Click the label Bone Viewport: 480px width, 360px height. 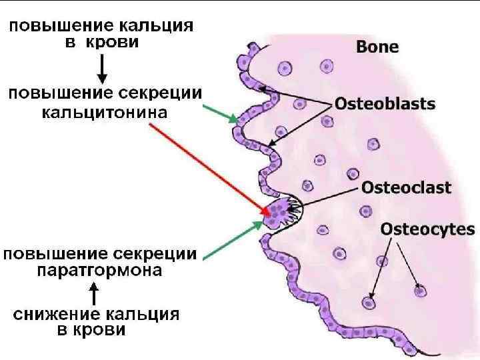point(377,47)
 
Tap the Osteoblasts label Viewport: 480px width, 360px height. point(385,104)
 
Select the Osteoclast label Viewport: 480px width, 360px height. point(406,187)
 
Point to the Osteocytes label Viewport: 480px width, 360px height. point(427,230)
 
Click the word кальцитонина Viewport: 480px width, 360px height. point(105,112)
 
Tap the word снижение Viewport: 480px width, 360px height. point(54,314)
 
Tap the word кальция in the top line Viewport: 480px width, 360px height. point(157,27)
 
